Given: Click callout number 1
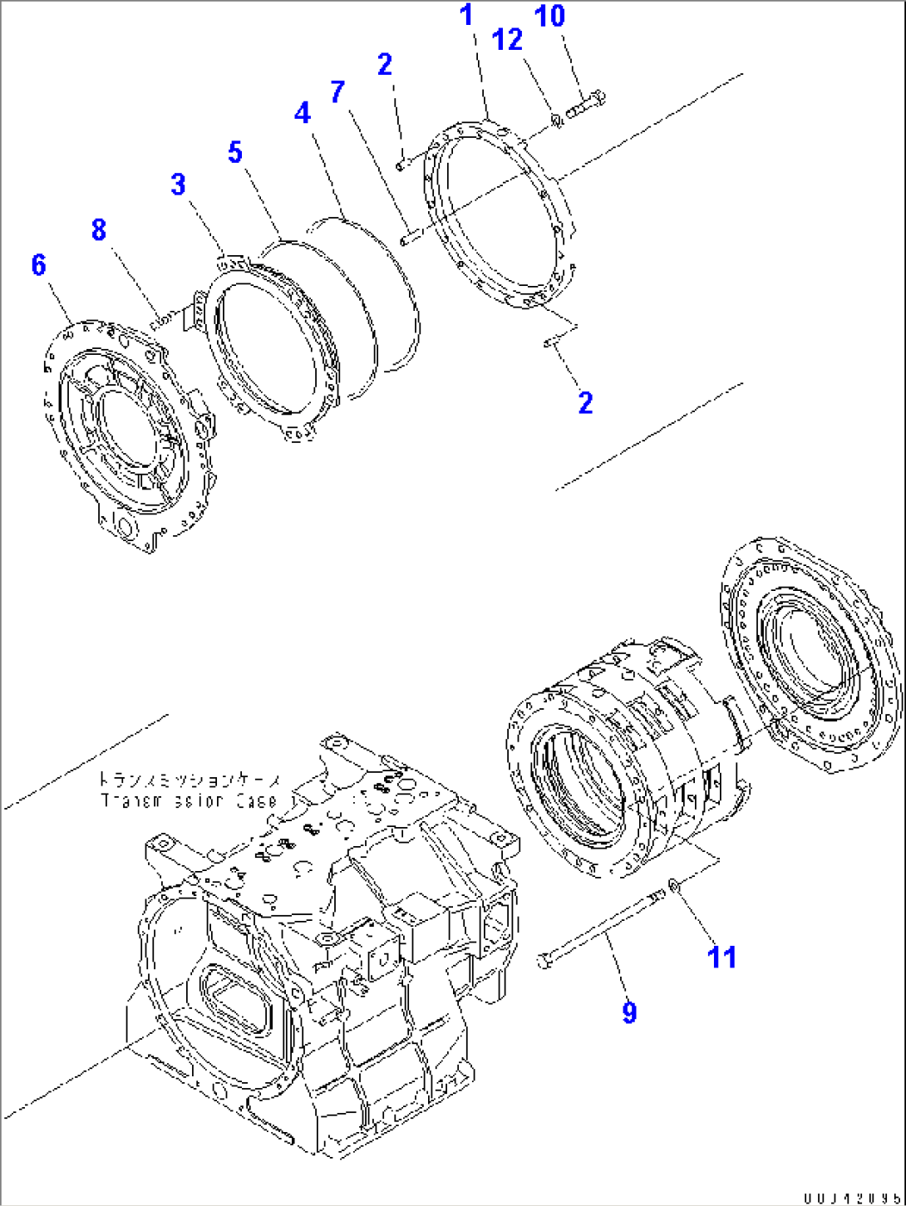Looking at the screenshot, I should coord(467,14).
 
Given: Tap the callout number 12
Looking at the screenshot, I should coord(508,39).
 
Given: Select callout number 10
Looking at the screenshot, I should coord(550,15).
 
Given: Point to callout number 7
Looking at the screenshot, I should coord(337,91).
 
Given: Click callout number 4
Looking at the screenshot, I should coord(302,113).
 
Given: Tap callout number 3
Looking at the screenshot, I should coord(178,185).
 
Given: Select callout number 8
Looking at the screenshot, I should coord(99,229).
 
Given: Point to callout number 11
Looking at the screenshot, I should coord(721,957).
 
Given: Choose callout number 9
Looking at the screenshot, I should coord(629,1012).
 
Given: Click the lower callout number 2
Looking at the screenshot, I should coord(586,402).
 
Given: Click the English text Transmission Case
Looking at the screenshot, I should coord(190,801).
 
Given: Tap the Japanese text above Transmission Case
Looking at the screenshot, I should coord(190,781).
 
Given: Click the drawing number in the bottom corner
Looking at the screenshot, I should coord(851,1198).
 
